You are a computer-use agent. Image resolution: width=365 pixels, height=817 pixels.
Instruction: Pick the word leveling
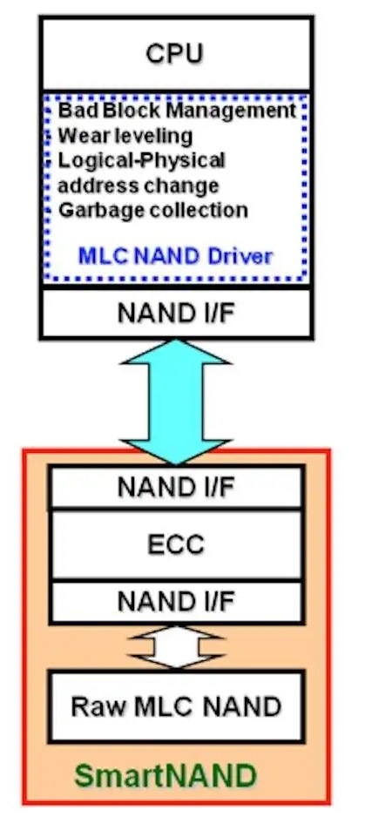pos(152,137)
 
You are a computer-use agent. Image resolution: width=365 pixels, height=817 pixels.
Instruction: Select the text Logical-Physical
pos(141,161)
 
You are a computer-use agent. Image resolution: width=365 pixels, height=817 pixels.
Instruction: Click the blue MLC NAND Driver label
pos(175,256)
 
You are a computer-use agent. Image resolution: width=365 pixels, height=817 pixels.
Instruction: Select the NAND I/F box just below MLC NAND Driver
pos(176,313)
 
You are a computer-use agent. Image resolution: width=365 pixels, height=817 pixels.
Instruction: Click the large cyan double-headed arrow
pos(176,402)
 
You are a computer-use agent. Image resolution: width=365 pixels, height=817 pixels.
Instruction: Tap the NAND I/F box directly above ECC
pos(176,487)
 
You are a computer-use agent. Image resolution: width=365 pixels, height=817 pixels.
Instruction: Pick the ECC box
pos(176,545)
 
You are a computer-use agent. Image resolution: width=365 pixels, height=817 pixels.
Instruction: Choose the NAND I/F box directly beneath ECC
pos(176,602)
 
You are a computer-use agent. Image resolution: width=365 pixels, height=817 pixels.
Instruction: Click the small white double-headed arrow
pos(176,646)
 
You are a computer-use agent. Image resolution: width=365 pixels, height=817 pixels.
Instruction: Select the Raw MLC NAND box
pos(176,706)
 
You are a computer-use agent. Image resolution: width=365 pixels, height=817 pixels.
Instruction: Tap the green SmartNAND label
pos(166,776)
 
